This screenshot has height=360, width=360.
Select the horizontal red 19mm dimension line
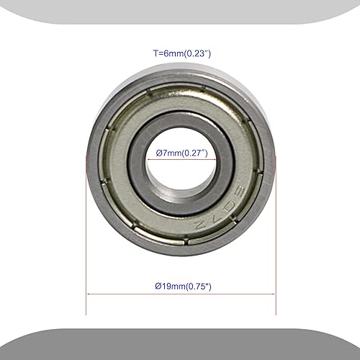tap(180, 294)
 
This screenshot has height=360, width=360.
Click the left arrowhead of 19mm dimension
tap(89, 294)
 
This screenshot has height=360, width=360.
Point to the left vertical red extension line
tap(87, 238)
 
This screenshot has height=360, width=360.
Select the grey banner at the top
tap(180, 10)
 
